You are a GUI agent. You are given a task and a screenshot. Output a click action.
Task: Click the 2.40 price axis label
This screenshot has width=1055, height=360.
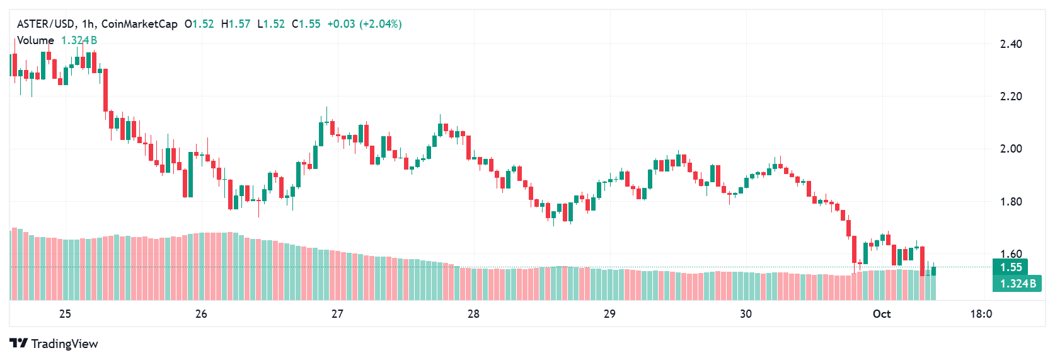tap(1011, 44)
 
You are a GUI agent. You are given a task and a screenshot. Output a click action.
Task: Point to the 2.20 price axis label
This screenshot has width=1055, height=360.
tap(1011, 96)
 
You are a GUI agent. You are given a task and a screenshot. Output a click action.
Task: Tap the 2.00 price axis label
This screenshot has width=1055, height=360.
tap(1011, 149)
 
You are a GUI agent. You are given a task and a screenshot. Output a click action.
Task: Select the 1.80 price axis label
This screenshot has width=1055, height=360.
tap(1011, 202)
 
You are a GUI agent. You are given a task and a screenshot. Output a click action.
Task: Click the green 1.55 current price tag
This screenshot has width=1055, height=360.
tap(1011, 267)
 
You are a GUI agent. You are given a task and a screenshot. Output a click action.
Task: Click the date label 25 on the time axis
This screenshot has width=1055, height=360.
tap(65, 314)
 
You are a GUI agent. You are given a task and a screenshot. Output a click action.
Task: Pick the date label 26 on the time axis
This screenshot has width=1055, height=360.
tap(201, 314)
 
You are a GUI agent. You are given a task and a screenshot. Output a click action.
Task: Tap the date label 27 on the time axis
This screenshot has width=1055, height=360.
tap(337, 314)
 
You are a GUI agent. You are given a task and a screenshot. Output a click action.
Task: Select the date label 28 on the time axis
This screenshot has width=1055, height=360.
tap(473, 314)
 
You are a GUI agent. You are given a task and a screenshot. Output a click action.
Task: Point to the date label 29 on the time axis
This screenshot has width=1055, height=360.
tap(609, 314)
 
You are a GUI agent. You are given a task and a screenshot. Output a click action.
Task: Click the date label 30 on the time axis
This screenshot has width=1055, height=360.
tap(746, 314)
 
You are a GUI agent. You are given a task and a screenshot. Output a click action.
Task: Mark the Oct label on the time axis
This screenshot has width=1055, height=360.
tap(882, 314)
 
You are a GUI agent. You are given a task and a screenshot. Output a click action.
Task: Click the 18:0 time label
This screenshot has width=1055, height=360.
tap(981, 314)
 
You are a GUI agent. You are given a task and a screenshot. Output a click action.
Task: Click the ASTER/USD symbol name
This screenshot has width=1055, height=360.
tap(45, 24)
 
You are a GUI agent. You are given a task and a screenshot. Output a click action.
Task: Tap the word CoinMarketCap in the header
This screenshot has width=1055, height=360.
tap(139, 24)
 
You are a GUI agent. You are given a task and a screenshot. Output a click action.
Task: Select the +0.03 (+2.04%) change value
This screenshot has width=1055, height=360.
tap(364, 24)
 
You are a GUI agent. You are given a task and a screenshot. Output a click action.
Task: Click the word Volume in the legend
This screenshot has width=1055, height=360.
tap(35, 40)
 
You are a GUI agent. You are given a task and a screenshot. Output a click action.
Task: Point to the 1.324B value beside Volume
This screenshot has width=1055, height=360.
tap(79, 40)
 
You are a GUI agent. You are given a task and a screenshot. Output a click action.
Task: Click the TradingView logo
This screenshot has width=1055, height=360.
tap(54, 344)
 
